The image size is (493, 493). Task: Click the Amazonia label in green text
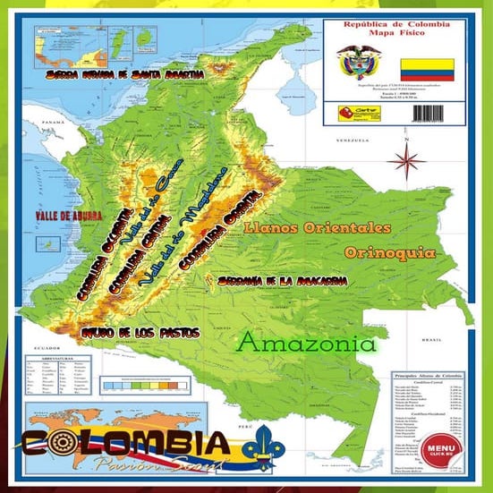pyautogui.click(x=307, y=344)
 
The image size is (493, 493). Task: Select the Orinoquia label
pyautogui.click(x=389, y=252)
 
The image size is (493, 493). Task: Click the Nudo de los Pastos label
pyautogui.click(x=140, y=332)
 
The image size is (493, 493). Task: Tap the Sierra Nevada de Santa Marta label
pyautogui.click(x=125, y=73)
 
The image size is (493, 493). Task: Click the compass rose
pyautogui.click(x=409, y=164)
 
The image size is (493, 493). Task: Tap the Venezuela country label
pyautogui.click(x=351, y=142)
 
